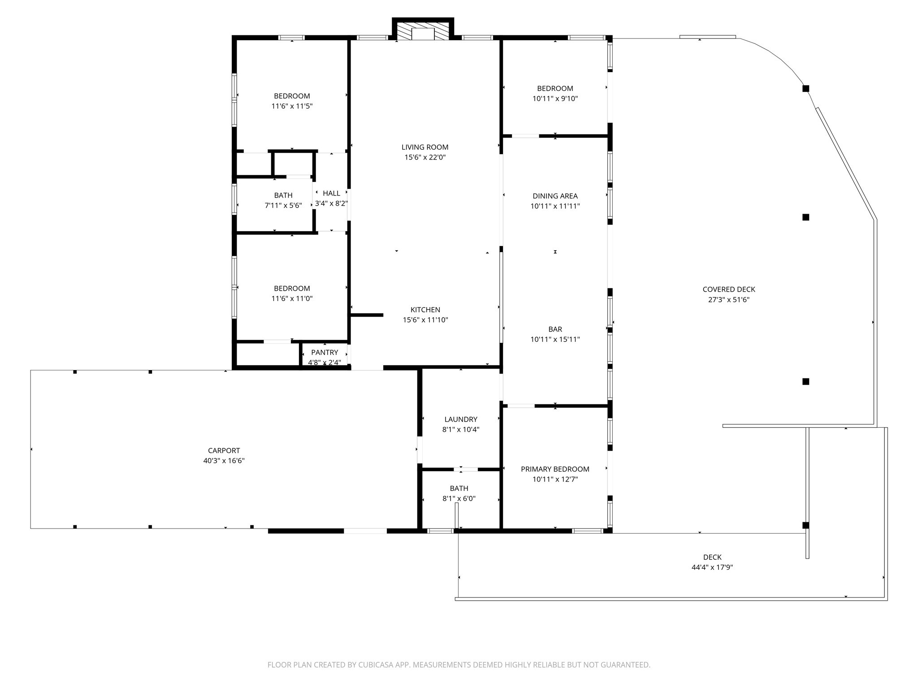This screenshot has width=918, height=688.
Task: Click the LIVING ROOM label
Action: [425, 147]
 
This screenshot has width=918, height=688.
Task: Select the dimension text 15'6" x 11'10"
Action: [425, 320]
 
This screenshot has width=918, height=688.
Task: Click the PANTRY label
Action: [325, 353]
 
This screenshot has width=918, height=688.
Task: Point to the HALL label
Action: [331, 193]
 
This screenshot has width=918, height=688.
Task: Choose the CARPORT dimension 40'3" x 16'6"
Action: [224, 460]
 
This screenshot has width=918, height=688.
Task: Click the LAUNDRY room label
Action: [461, 419]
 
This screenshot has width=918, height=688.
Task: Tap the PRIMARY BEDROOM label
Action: [555, 469]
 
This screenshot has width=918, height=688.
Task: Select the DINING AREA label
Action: [555, 196]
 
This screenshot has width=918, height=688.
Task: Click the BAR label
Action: [555, 329]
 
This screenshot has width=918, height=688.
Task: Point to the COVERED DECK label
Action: [729, 289]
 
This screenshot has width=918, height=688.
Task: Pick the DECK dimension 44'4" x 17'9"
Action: [712, 567]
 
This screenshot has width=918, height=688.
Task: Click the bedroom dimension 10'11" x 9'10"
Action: [555, 99]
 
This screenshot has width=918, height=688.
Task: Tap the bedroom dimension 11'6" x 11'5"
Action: [292, 106]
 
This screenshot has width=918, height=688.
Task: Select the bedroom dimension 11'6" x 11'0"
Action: [292, 299]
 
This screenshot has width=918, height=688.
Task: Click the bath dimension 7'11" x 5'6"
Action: [283, 206]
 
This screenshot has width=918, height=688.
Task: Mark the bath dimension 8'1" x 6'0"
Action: [459, 499]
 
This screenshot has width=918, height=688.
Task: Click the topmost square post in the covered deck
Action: [805, 88]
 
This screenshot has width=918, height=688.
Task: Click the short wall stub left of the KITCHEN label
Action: [367, 315]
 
